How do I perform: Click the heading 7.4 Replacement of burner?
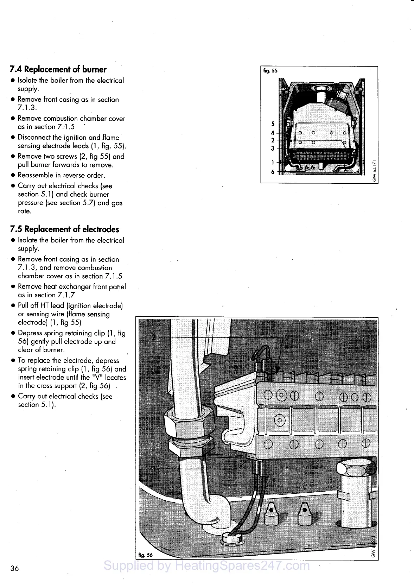[x=58, y=69]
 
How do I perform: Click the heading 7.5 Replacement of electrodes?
[x=65, y=229]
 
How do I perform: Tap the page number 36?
[x=15, y=568]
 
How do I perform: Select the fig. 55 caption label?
[x=270, y=71]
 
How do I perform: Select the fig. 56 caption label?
[x=145, y=555]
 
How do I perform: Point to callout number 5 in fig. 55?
[x=273, y=124]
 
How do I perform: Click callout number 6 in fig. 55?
[x=273, y=172]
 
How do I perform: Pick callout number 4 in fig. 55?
[x=273, y=133]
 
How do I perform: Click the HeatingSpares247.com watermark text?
[x=207, y=565]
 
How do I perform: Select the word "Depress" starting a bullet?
[x=30, y=333]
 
